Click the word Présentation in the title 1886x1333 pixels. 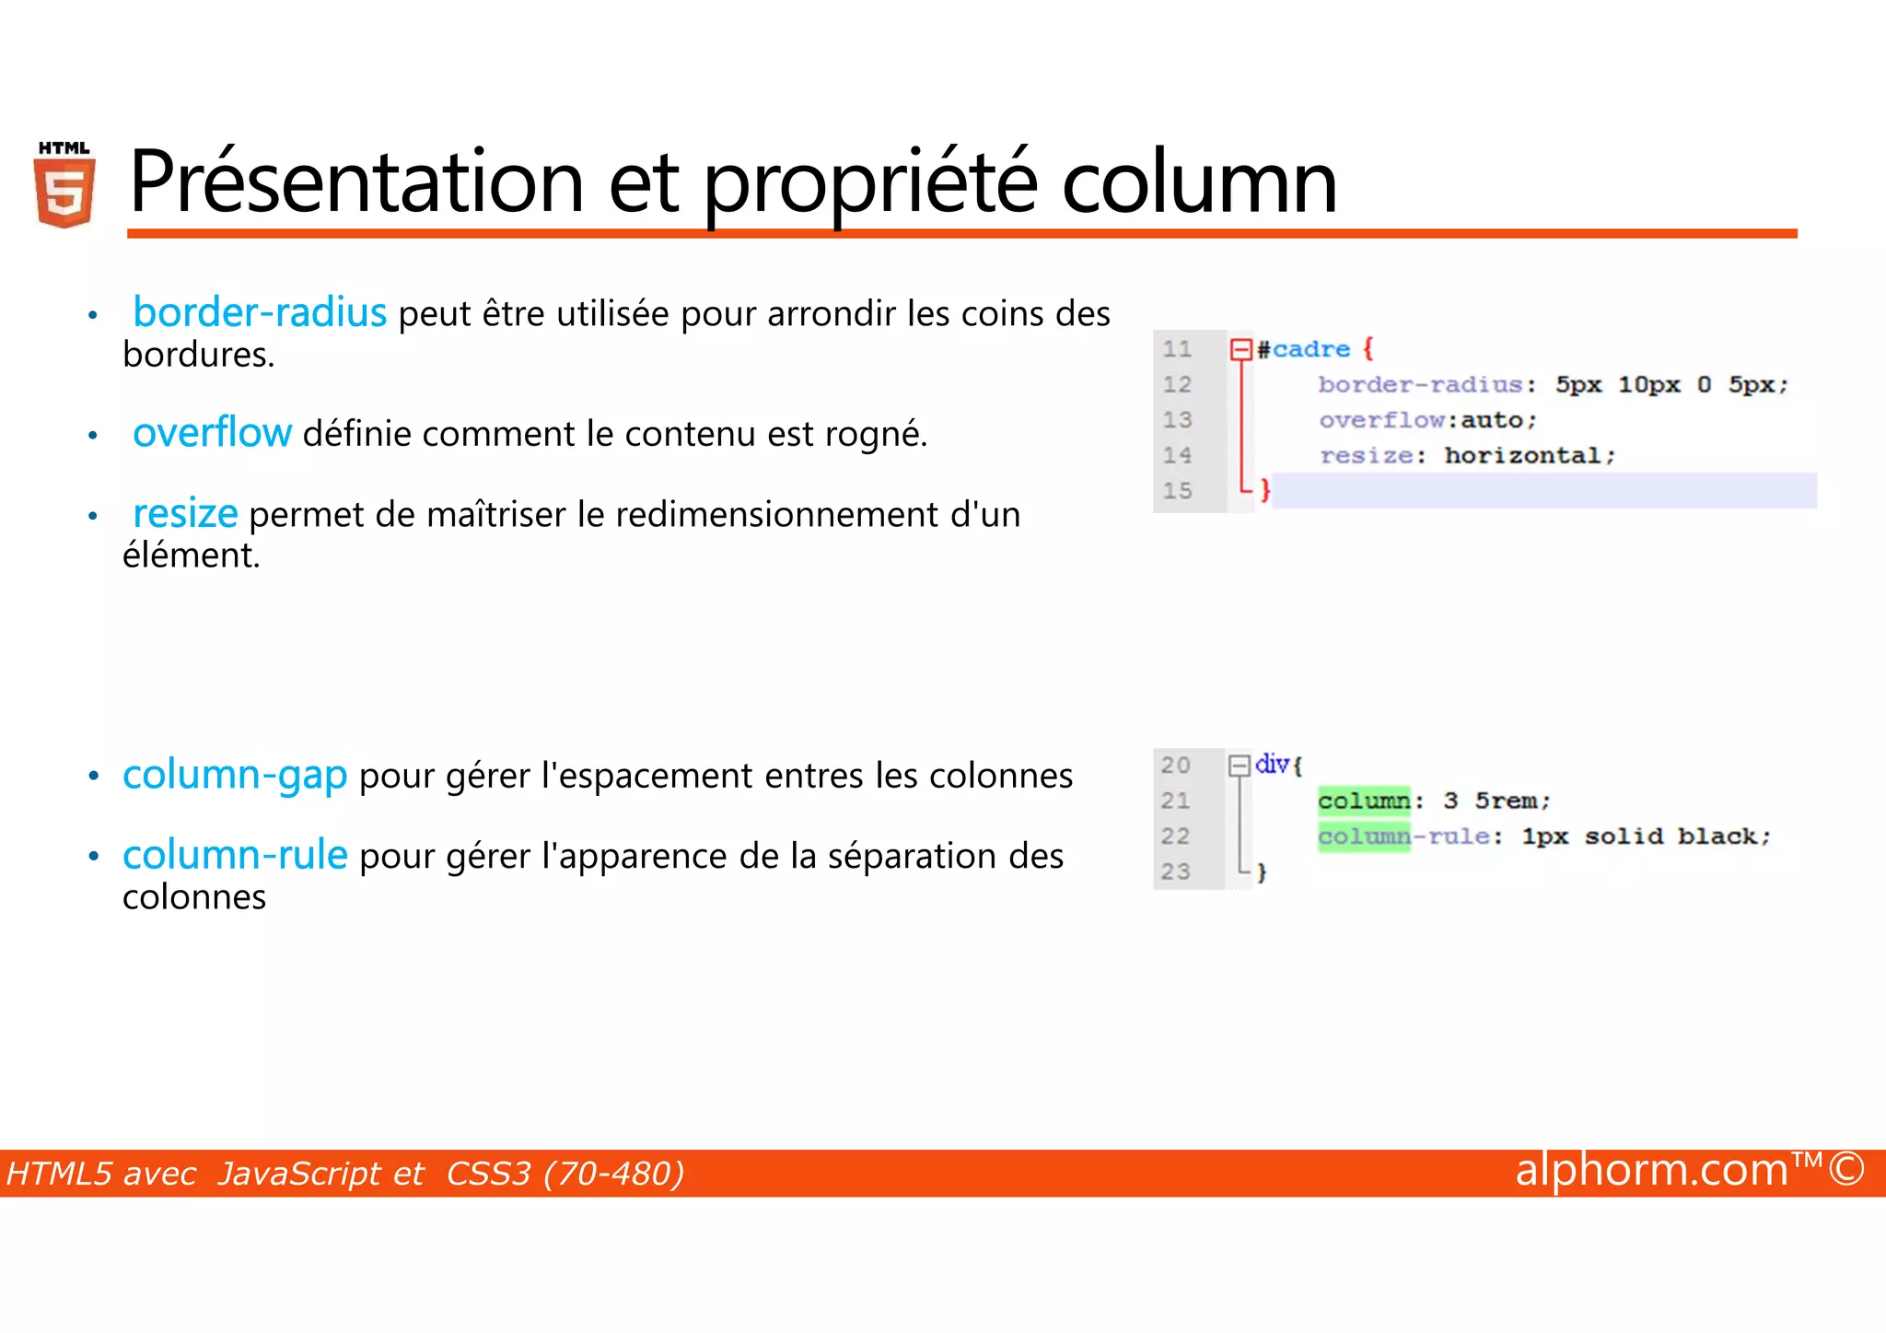pos(356,181)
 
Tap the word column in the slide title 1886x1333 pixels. pos(1198,181)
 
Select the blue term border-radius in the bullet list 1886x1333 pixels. pos(259,312)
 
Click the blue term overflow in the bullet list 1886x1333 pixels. pos(212,432)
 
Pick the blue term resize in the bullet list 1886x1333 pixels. pos(185,513)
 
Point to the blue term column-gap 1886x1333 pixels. pos(235,775)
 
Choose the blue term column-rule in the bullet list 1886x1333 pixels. pos(235,855)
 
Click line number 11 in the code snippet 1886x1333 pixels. pos(1177,349)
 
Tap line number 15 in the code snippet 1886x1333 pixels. pos(1177,491)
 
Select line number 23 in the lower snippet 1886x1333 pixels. pos(1175,871)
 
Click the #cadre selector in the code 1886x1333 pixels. pos(1304,349)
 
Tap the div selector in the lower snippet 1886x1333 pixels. pos(1272,764)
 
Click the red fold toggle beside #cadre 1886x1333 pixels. pos(1240,349)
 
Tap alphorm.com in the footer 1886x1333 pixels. pos(1651,1170)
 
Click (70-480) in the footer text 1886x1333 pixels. pos(613,1174)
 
